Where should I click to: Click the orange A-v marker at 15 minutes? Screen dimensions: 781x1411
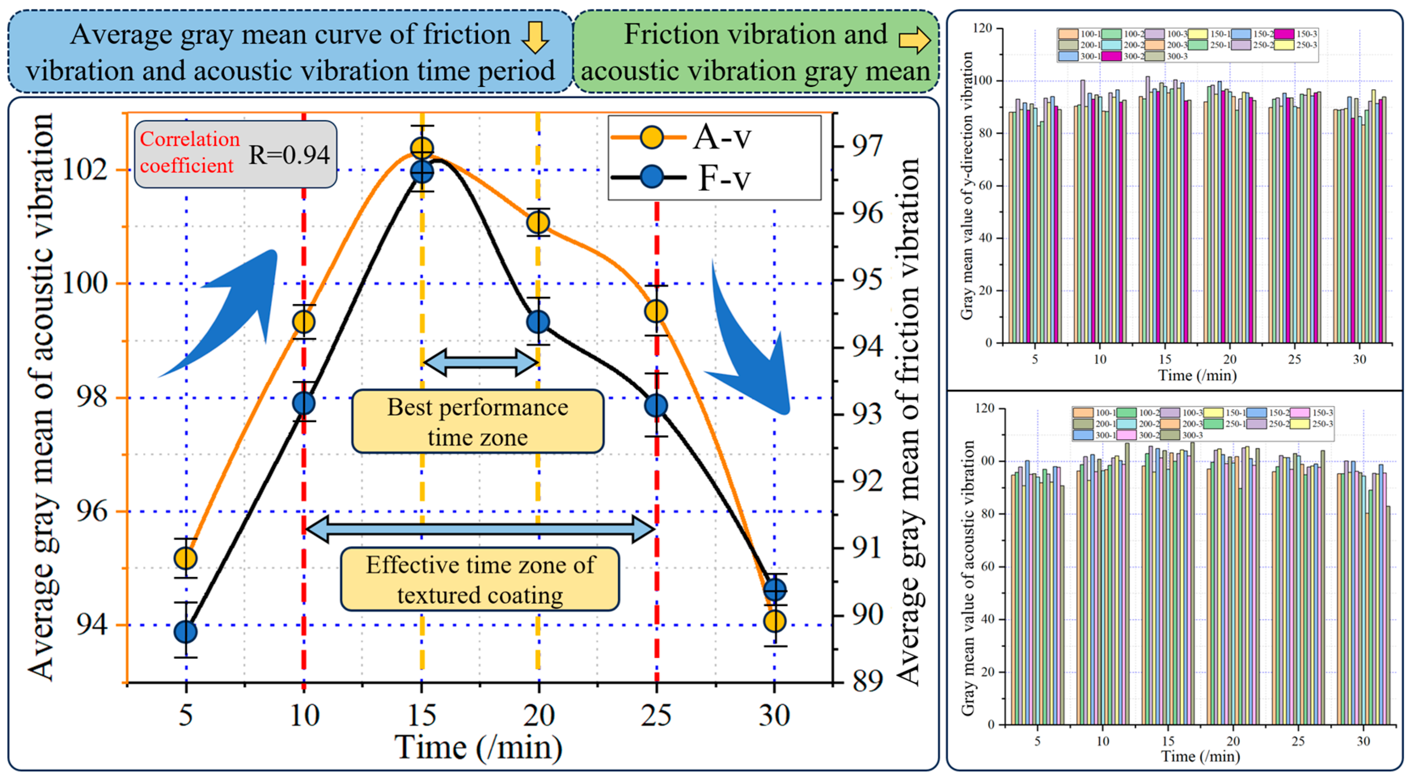(x=422, y=148)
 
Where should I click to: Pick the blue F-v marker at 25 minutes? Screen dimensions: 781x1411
(x=656, y=406)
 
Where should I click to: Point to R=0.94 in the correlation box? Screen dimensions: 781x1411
(x=289, y=155)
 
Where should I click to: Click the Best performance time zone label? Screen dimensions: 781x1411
(x=477, y=421)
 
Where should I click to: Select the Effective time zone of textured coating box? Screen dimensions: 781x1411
(x=480, y=579)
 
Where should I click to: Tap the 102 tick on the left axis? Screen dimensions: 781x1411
(x=85, y=170)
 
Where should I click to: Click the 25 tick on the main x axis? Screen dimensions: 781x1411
(x=656, y=715)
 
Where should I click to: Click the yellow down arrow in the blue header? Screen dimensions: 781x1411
(x=534, y=37)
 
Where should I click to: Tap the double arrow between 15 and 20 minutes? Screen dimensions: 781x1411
(x=480, y=362)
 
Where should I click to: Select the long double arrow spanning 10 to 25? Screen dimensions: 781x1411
(x=480, y=529)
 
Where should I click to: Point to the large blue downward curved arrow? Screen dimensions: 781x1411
(x=750, y=345)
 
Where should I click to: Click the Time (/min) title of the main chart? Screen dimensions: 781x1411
(x=478, y=747)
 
